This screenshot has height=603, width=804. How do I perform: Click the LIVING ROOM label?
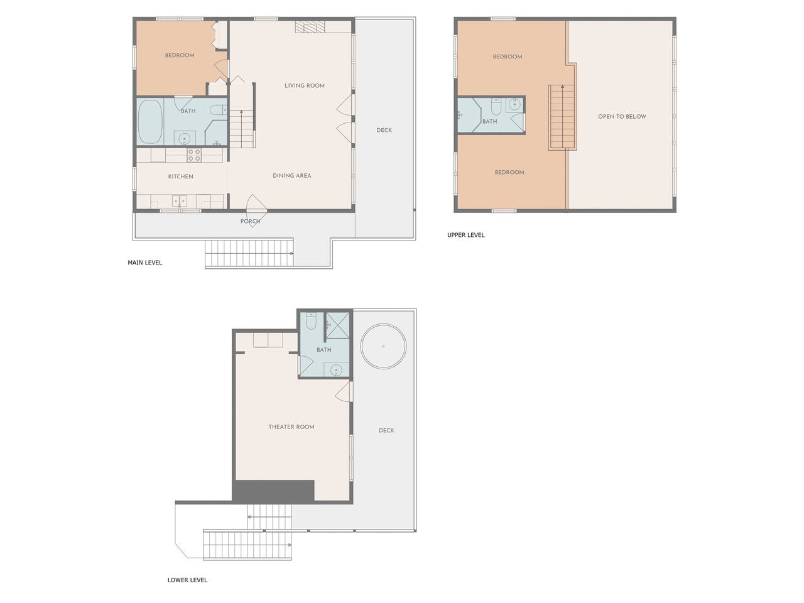point(305,85)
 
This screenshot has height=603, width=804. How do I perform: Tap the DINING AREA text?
point(292,176)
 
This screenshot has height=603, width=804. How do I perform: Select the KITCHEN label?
point(180,177)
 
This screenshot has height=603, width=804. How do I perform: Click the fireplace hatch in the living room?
point(310,27)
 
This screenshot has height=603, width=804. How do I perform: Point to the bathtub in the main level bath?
point(150,121)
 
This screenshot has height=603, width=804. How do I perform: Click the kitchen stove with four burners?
point(193,155)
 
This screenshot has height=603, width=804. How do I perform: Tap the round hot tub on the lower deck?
point(383,346)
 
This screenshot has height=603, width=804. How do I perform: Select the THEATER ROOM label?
point(291,427)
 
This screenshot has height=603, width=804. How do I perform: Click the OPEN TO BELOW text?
point(622,116)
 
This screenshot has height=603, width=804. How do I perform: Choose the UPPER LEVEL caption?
point(466,235)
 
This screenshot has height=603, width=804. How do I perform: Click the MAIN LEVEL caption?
point(144,263)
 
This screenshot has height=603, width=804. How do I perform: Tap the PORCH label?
point(250,221)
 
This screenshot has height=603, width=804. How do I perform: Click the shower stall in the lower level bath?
point(338,325)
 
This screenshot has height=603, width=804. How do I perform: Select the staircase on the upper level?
point(562,117)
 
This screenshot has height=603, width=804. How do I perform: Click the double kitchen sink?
point(180,201)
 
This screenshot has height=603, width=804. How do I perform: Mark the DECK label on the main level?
point(384,130)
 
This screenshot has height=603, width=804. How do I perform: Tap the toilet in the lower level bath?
point(311,321)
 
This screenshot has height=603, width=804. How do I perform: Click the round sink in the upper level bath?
point(515,105)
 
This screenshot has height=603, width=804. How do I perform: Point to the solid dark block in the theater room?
point(273,491)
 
